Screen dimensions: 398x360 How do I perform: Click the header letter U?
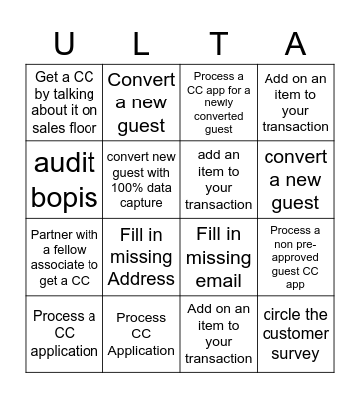coord(64,44)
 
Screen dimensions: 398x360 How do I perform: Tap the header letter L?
coord(140,44)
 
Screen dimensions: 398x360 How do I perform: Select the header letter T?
coord(218,44)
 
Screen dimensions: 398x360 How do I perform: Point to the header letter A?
coord(295,44)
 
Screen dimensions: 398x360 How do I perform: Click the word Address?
coord(141,280)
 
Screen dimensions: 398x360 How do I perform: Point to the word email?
coord(219,280)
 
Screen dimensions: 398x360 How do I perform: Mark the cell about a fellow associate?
coord(64,257)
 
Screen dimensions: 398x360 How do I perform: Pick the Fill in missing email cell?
coord(219,257)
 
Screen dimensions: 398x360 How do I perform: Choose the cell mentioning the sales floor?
coord(64,102)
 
